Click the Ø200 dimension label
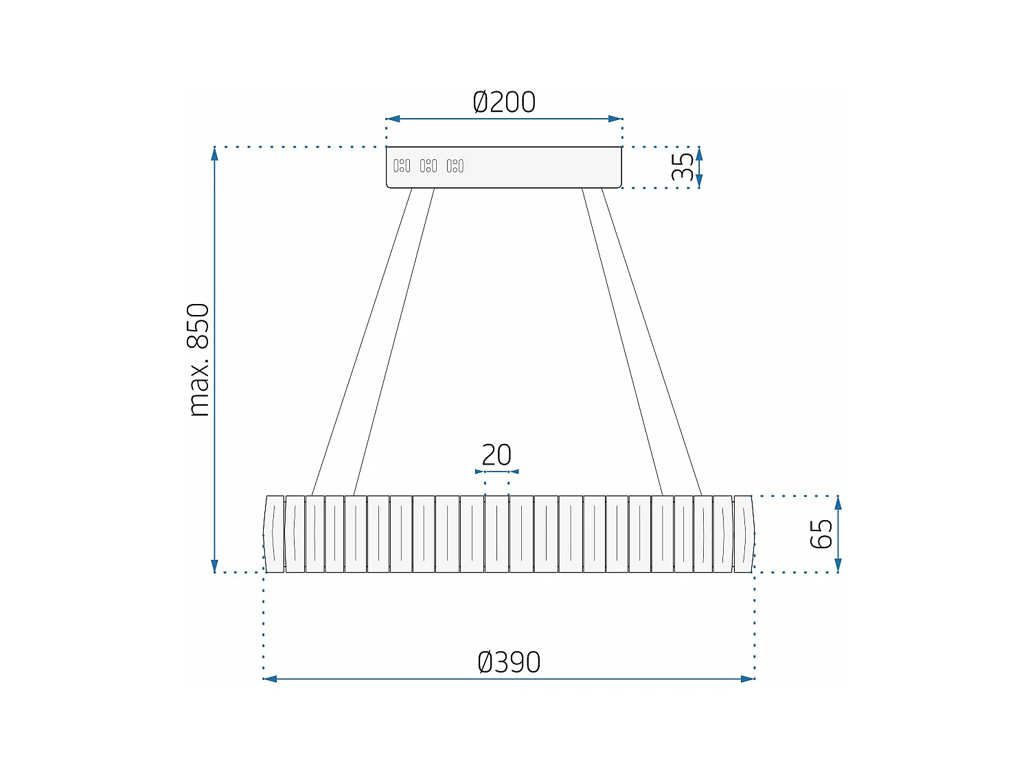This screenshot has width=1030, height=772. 504,102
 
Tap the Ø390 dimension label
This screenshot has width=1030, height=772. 509,662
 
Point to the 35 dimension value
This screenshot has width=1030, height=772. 683,167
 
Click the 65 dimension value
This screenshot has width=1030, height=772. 821,534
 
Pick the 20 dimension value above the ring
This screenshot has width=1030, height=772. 496,455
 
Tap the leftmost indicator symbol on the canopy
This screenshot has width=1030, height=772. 402,166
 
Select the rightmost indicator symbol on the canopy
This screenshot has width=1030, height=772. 455,166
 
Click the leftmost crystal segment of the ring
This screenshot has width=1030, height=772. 274,534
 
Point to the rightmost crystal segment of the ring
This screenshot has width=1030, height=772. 744,534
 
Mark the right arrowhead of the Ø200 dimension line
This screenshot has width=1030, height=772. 615,119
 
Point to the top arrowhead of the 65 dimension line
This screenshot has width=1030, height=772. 838,502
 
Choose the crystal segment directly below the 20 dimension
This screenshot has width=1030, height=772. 496,534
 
